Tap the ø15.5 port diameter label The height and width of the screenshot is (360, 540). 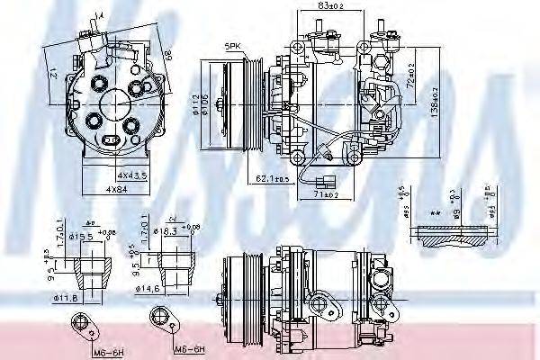click(83, 236)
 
